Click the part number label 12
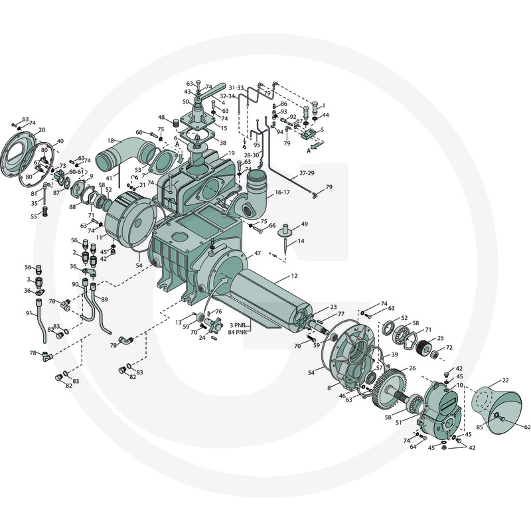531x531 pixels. point(294,275)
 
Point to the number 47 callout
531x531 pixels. point(258,253)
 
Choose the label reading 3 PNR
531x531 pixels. point(237,325)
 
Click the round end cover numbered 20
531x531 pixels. point(18,155)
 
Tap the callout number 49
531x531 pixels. point(305,224)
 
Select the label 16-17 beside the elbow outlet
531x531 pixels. point(283,192)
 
